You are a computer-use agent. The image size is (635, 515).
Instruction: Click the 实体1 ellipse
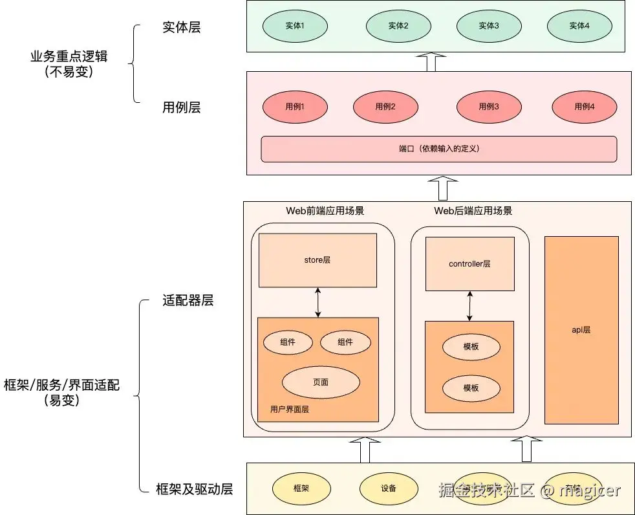[295, 26]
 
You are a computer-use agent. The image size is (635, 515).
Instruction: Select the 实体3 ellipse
[489, 26]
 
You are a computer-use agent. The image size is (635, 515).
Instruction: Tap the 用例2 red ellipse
[385, 107]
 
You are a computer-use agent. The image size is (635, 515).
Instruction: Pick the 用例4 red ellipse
[585, 107]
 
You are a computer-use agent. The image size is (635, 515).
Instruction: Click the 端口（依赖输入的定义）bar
[438, 149]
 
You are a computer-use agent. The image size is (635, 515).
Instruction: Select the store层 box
[317, 260]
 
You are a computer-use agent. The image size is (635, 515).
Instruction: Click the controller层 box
[469, 264]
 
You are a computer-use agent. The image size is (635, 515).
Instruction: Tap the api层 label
[581, 330]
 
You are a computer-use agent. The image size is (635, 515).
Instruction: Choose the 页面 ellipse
[321, 382]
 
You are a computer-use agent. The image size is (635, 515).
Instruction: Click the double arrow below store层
[318, 302]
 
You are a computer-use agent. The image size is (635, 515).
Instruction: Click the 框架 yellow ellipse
[301, 488]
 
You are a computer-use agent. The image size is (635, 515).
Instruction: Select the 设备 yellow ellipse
[389, 488]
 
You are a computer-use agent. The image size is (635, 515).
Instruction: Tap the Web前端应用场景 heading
[325, 211]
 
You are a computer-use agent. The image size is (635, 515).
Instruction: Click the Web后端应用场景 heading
[473, 211]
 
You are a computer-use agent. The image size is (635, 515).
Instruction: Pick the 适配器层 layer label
[188, 301]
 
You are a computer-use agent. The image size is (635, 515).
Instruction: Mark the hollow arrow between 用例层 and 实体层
[431, 62]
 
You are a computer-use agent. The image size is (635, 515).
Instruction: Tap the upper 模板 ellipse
[471, 347]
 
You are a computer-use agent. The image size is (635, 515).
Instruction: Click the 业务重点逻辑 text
[69, 57]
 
